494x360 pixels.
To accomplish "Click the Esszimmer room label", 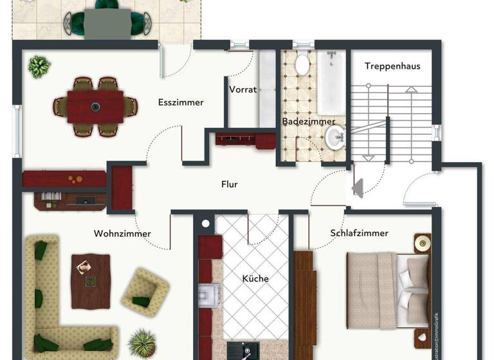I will [181, 102].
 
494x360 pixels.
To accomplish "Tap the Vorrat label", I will [242, 89].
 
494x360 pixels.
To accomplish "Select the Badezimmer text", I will [309, 121].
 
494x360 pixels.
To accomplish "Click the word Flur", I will [230, 184].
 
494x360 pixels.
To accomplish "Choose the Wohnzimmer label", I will [122, 233].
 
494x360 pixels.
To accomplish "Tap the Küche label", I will [255, 278].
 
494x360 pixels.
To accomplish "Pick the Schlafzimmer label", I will [360, 233].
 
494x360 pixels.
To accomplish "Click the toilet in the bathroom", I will [302, 64].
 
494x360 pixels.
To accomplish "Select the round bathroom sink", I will [334, 136].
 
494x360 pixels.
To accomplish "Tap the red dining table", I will [95, 107].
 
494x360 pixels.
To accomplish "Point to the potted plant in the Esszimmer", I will [40, 66].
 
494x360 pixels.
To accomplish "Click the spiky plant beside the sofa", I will [142, 343].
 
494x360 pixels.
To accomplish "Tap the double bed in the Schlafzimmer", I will [386, 289].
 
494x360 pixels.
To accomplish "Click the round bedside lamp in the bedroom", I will [423, 243].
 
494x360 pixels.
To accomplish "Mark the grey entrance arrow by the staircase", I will [358, 188].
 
